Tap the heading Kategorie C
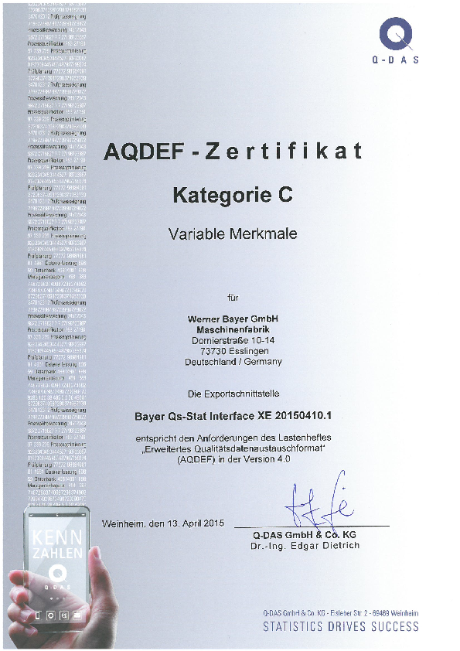pyautogui.click(x=233, y=196)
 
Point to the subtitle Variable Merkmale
pyautogui.click(x=233, y=233)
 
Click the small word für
pyautogui.click(x=233, y=297)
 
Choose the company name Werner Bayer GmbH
pyautogui.click(x=233, y=319)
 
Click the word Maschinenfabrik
pyautogui.click(x=233, y=329)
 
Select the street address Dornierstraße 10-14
pyautogui.click(x=233, y=339)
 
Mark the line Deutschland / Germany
pyautogui.click(x=233, y=361)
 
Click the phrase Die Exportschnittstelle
pyautogui.click(x=233, y=394)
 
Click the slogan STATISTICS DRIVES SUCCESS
pyautogui.click(x=340, y=627)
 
